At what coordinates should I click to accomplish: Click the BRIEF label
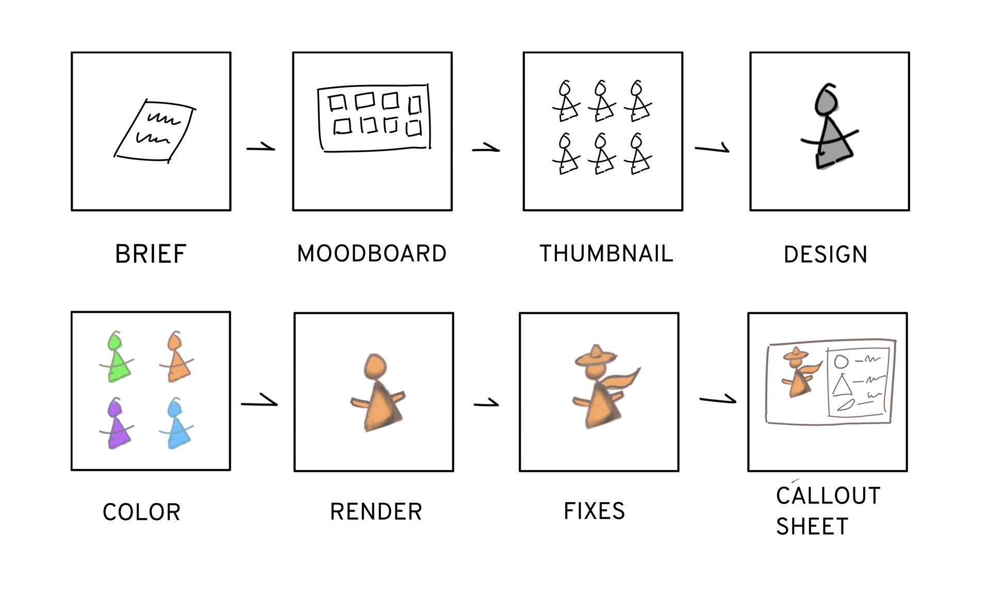[151, 254]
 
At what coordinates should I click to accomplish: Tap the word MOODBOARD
[372, 254]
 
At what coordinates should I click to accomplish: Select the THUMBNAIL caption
[606, 254]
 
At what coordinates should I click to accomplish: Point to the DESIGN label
[826, 255]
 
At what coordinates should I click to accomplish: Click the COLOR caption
[142, 512]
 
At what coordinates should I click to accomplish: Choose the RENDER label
[376, 512]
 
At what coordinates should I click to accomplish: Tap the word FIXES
[594, 511]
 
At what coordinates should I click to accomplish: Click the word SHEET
[812, 527]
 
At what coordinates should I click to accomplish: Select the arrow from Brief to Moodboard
[261, 148]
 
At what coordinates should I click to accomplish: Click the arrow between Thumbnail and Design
[712, 148]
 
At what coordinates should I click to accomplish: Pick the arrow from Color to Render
[259, 401]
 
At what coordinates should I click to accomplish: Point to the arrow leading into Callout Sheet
[718, 399]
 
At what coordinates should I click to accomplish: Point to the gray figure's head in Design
[826, 100]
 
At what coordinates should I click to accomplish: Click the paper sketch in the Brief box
[155, 130]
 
